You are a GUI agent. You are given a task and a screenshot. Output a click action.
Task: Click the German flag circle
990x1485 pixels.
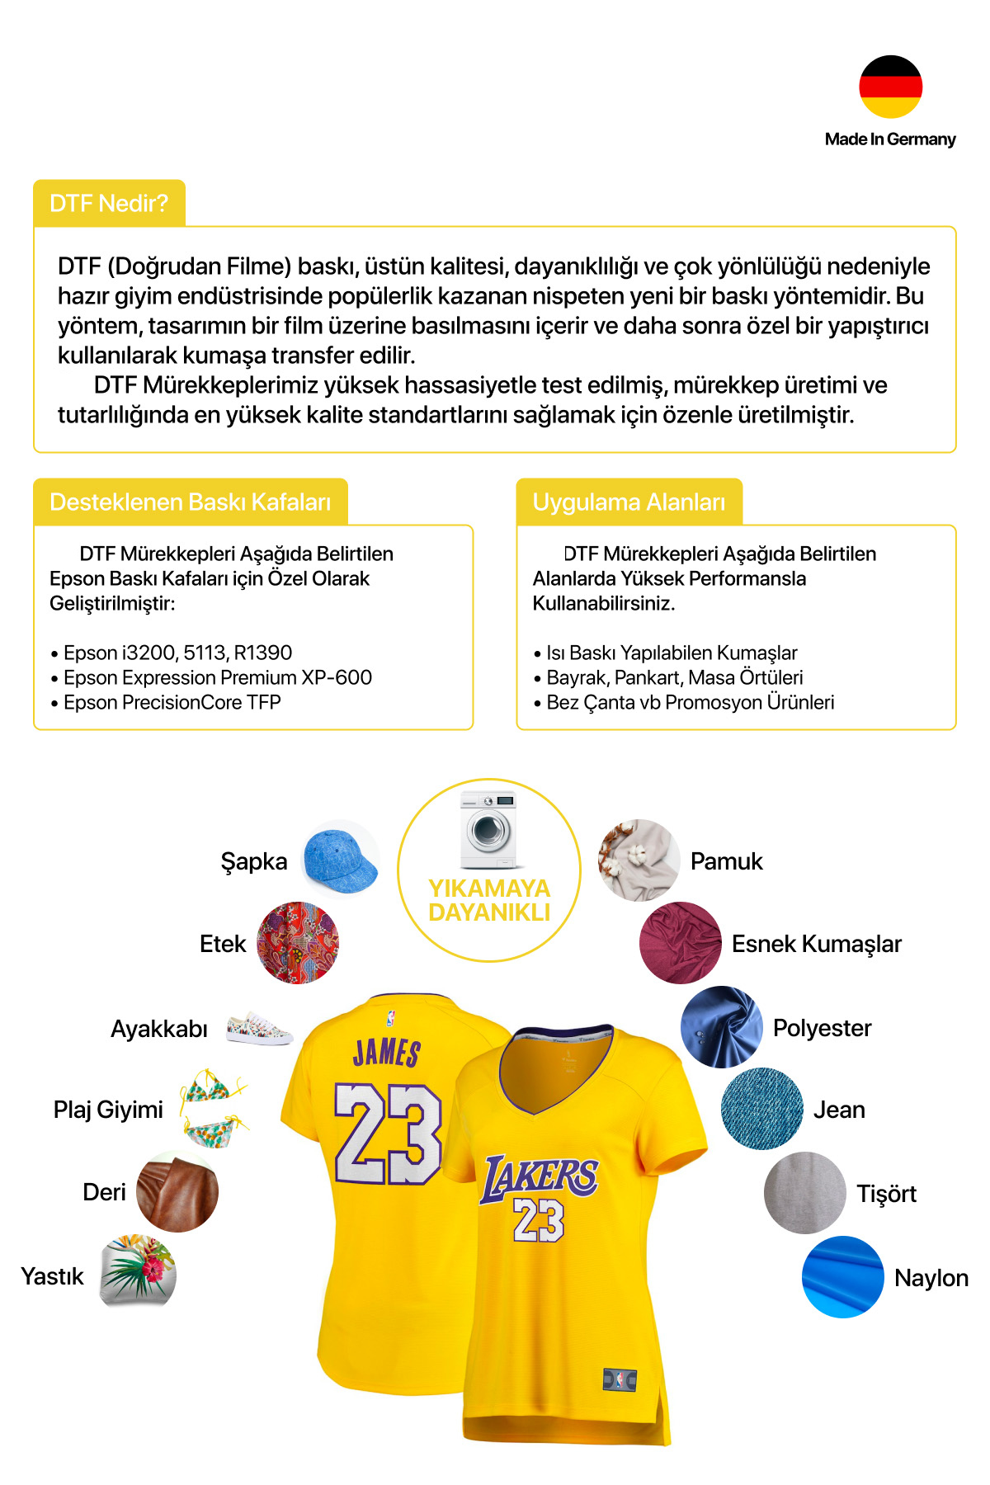[890, 87]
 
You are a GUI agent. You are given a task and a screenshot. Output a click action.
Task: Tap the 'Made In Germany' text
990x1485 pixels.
[889, 139]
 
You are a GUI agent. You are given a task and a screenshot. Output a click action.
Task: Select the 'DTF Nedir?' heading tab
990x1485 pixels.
[109, 203]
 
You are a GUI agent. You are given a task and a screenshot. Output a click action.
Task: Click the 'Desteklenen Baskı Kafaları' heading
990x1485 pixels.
[190, 502]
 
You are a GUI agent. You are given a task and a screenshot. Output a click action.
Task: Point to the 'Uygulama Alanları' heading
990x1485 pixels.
[629, 502]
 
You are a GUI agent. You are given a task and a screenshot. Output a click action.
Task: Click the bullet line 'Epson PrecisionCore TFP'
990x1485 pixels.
[172, 702]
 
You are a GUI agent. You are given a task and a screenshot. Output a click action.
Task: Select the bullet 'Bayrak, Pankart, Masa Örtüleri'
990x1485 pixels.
[674, 677]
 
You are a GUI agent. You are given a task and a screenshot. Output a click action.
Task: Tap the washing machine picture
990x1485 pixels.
[488, 829]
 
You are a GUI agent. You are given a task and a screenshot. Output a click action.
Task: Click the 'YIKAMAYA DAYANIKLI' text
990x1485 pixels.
[489, 900]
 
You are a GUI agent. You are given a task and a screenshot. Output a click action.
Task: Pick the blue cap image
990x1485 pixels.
[340, 858]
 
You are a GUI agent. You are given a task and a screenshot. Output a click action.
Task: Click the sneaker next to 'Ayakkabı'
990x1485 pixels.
[259, 1028]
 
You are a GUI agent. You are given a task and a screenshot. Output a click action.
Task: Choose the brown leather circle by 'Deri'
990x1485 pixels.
[177, 1191]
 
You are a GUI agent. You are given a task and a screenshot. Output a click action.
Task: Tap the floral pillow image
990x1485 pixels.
[139, 1270]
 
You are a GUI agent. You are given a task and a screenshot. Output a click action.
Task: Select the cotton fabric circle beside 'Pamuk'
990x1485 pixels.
[638, 860]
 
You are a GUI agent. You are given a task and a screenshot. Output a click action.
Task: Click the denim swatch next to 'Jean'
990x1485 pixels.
[761, 1109]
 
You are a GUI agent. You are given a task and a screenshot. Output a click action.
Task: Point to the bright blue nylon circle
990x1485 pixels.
[842, 1276]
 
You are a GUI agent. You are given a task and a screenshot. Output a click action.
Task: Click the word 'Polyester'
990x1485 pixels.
[822, 1028]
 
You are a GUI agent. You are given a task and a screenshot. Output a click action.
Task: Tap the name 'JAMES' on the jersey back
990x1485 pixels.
[387, 1053]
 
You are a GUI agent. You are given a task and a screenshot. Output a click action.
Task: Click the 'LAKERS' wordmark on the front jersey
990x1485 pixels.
[540, 1175]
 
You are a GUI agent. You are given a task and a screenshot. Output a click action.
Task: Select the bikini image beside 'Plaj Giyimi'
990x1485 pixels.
[214, 1108]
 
